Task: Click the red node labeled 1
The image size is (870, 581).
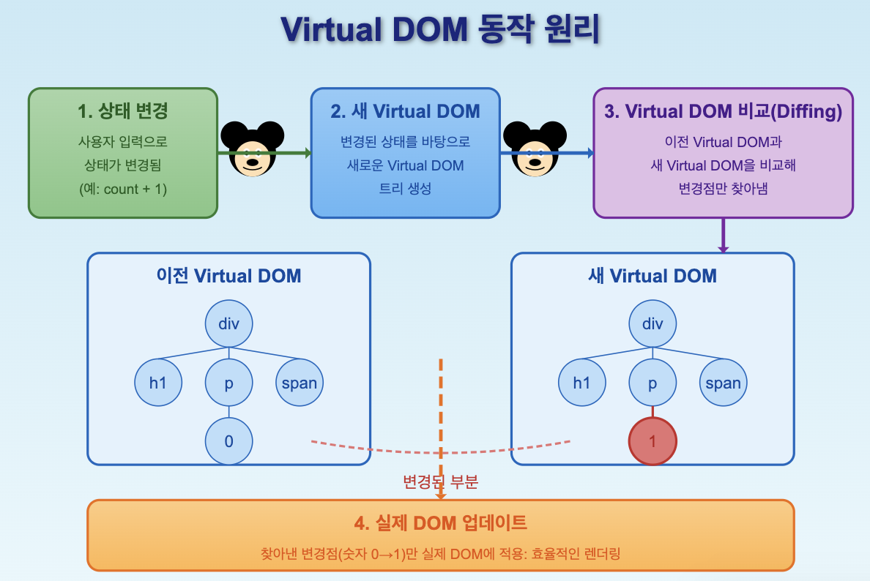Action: point(652,441)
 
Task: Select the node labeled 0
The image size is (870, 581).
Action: point(228,441)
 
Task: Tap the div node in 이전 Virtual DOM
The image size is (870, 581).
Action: point(228,323)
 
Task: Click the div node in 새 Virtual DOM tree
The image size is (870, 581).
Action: point(652,323)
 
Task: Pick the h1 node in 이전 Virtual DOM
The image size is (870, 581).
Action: point(158,383)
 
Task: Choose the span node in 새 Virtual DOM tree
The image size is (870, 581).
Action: point(723,383)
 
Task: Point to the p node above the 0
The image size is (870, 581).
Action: point(228,383)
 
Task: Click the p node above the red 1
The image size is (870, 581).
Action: point(652,383)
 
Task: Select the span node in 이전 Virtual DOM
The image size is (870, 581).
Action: point(300,383)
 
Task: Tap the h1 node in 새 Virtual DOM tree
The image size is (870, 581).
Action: point(581,383)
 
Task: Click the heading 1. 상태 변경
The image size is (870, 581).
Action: point(123,112)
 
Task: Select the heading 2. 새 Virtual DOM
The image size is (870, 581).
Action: point(405,112)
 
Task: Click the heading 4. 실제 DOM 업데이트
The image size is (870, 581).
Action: point(440,523)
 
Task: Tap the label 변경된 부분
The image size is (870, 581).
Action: point(440,482)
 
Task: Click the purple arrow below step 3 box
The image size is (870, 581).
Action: point(723,236)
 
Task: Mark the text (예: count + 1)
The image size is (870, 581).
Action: point(123,189)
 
